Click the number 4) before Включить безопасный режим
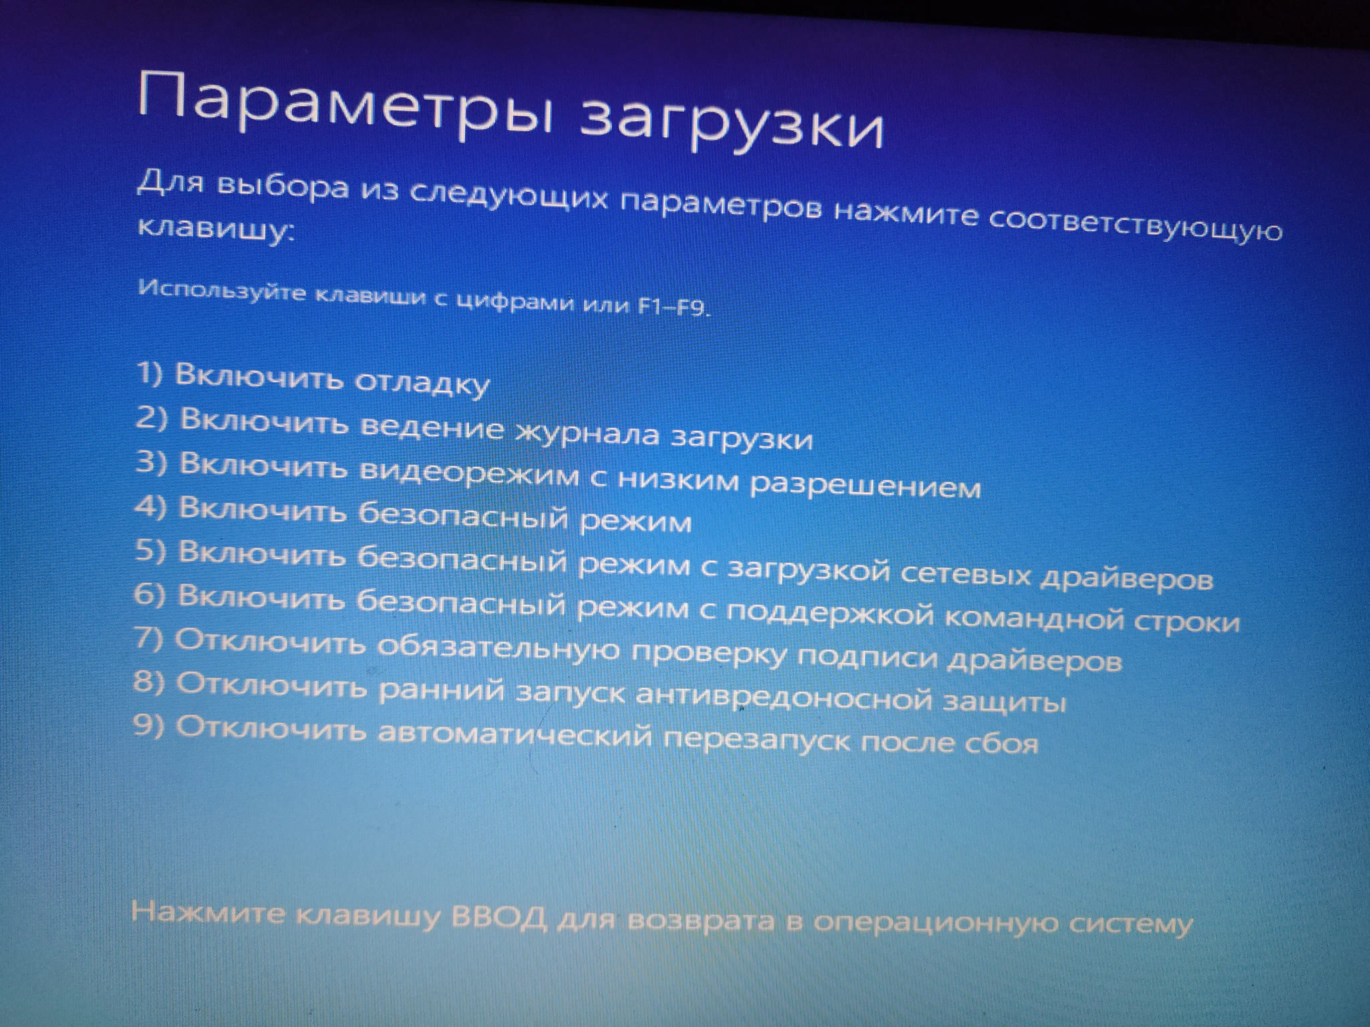(x=151, y=507)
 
